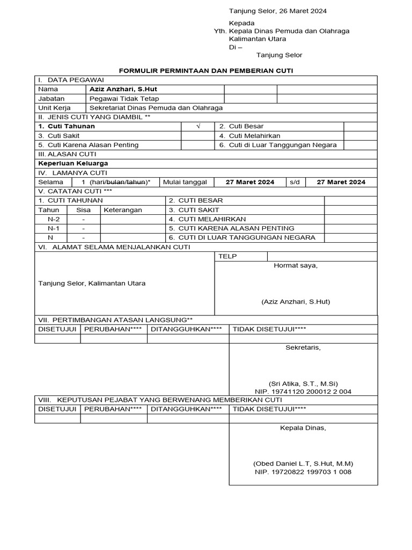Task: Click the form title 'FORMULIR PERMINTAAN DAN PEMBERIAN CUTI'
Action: click(x=205, y=70)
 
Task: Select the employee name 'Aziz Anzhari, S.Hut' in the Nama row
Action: click(x=123, y=89)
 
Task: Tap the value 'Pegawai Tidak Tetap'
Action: click(x=124, y=99)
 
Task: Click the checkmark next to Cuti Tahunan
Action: click(x=198, y=126)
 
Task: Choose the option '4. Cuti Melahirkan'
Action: click(x=249, y=136)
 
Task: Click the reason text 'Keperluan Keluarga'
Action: click(x=73, y=163)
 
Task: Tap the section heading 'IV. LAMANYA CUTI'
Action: click(x=72, y=172)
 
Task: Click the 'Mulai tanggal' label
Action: click(x=185, y=182)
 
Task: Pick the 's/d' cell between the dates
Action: click(x=295, y=182)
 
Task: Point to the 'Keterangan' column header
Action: click(x=123, y=210)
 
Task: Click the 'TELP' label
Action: click(x=227, y=257)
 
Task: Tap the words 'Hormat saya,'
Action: click(x=296, y=265)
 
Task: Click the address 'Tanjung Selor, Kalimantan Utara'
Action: click(x=92, y=283)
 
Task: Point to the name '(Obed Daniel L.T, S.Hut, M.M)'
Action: click(x=303, y=464)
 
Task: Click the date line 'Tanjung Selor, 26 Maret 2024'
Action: click(x=278, y=11)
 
